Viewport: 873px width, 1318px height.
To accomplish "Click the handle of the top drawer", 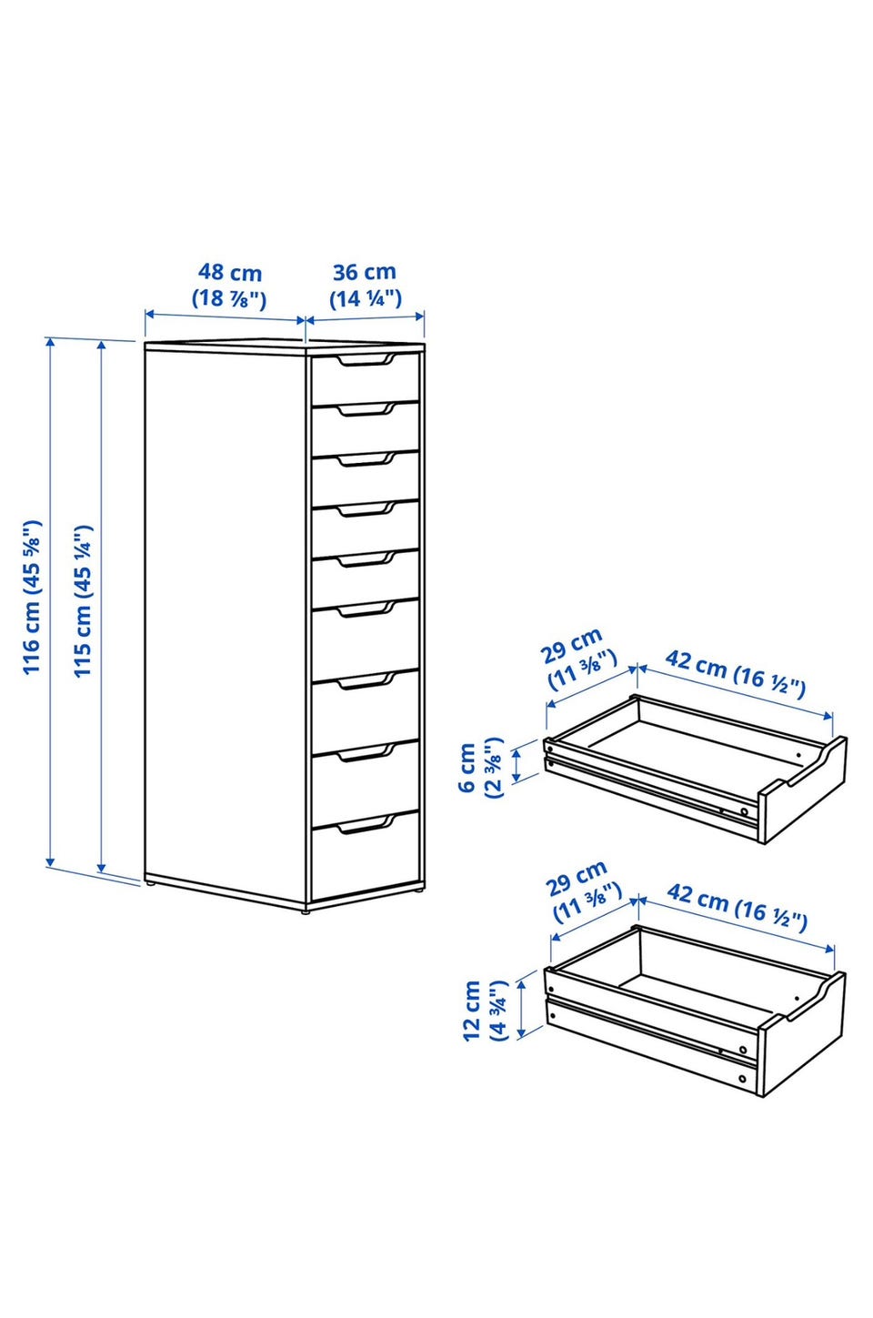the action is [x=366, y=361].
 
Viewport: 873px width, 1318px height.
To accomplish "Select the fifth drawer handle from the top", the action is [x=366, y=559].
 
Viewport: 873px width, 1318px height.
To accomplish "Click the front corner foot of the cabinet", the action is [x=306, y=911].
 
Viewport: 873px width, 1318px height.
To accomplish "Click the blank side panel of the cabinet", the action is [x=226, y=625].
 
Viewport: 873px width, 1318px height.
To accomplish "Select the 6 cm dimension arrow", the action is [x=517, y=766].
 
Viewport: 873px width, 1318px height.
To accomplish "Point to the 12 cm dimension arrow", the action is [x=521, y=1009].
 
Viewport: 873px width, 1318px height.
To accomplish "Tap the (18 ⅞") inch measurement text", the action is [x=229, y=299].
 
